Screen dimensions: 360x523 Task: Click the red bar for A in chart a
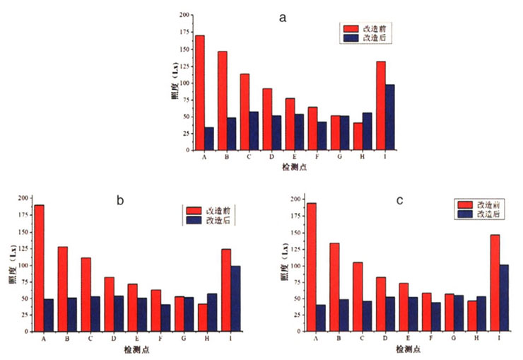coord(200,93)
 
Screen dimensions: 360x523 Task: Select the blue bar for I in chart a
coord(390,117)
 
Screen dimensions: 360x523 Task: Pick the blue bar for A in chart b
coord(49,315)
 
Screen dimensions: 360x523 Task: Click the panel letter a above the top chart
coord(283,18)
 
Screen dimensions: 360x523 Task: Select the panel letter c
coord(400,201)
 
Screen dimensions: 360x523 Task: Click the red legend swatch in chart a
coord(351,28)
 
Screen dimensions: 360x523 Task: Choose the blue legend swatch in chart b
coord(194,221)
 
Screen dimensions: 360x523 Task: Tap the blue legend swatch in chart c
coord(466,213)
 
